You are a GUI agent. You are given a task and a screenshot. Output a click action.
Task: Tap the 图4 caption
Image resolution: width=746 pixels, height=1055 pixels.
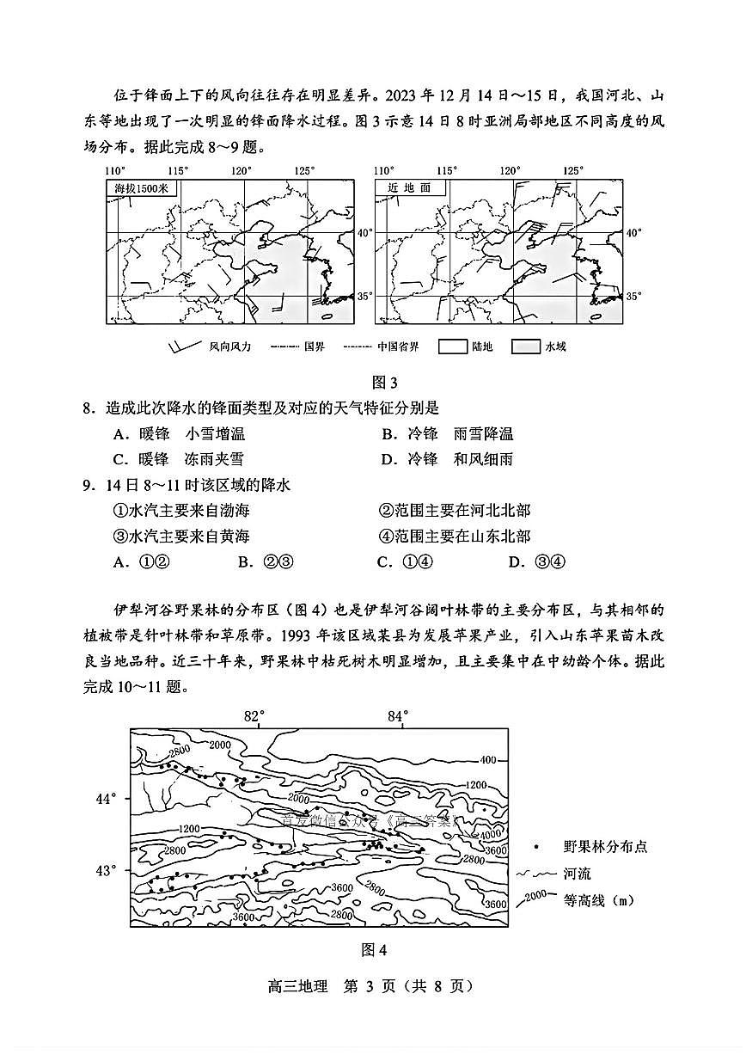(375, 950)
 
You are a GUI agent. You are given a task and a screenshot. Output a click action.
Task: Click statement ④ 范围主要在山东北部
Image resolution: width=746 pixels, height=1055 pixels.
(455, 537)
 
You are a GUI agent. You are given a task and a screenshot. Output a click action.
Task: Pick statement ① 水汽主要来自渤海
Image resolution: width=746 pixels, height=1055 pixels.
(181, 511)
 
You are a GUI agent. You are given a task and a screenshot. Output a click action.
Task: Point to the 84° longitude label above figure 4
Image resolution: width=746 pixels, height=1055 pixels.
(397, 715)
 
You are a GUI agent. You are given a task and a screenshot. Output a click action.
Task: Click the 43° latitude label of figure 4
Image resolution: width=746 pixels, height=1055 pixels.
(107, 871)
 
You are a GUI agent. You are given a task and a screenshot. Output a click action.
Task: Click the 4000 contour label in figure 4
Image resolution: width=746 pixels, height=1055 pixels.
(490, 835)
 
